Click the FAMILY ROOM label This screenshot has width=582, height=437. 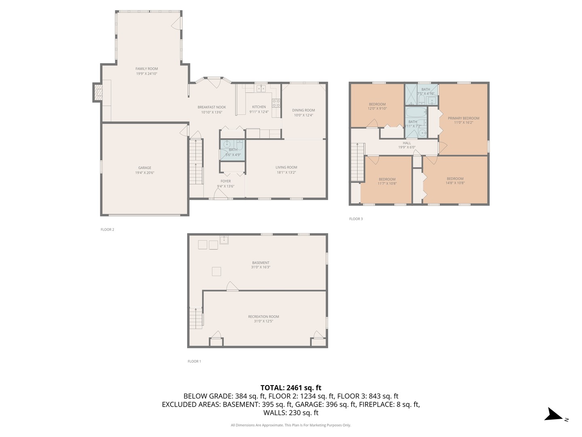(147, 69)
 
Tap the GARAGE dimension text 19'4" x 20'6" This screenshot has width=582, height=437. (145, 173)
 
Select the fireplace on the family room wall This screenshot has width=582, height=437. (98, 92)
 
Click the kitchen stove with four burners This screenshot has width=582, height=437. (276, 103)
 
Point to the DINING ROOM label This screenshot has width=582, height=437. (304, 110)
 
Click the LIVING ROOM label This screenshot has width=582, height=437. (286, 167)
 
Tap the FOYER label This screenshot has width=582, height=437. (226, 181)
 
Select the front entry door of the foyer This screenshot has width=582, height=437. (221, 196)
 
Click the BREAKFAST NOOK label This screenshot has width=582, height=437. (212, 107)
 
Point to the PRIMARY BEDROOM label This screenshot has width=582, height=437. (463, 118)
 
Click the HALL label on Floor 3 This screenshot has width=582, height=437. (407, 143)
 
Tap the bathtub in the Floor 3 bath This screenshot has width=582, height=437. (415, 112)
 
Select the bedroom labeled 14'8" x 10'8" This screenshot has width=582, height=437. (455, 180)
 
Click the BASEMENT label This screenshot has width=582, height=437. (261, 263)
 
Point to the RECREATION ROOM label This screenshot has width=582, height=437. (264, 316)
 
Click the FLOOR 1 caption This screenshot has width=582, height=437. (194, 361)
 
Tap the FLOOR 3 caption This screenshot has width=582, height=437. (356, 219)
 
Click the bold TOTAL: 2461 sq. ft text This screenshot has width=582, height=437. (291, 388)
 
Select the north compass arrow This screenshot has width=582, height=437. (553, 415)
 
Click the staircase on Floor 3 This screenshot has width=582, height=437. (357, 162)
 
